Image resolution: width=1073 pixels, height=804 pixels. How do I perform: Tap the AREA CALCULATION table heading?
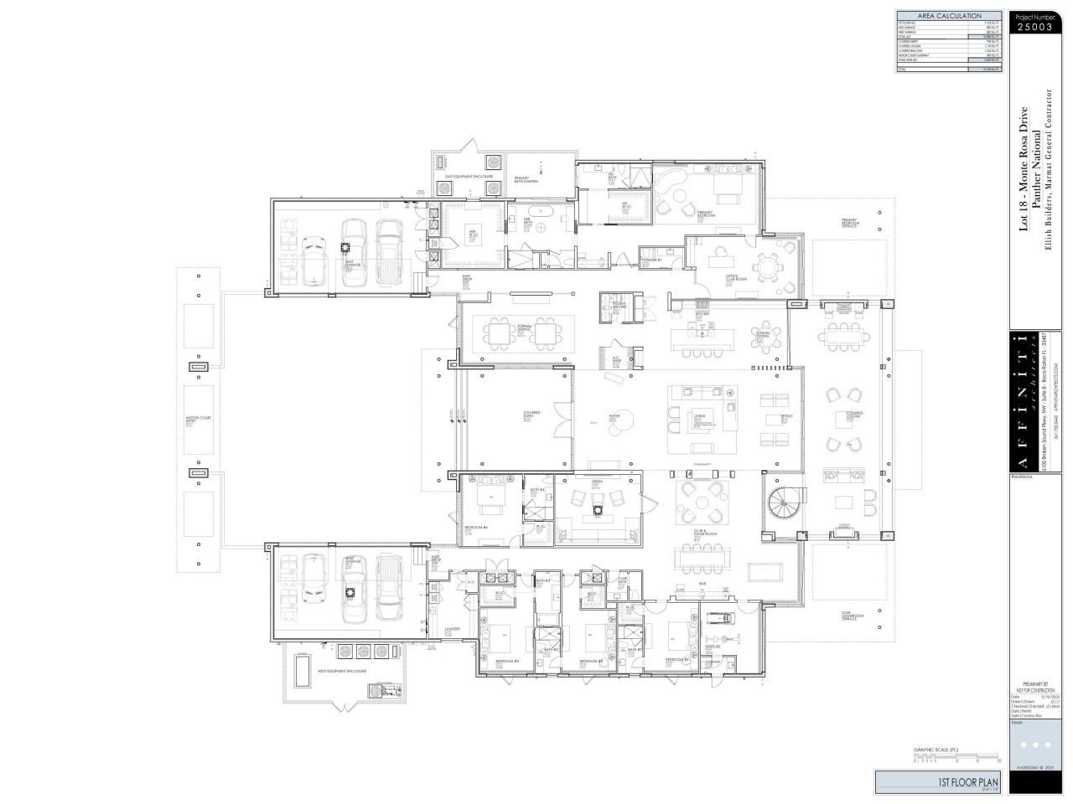point(949,16)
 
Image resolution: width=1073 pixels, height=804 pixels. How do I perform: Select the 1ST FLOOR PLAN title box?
point(939,782)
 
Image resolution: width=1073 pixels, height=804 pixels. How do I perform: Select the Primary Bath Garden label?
point(526,179)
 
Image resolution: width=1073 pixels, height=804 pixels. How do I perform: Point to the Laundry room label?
point(453,629)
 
